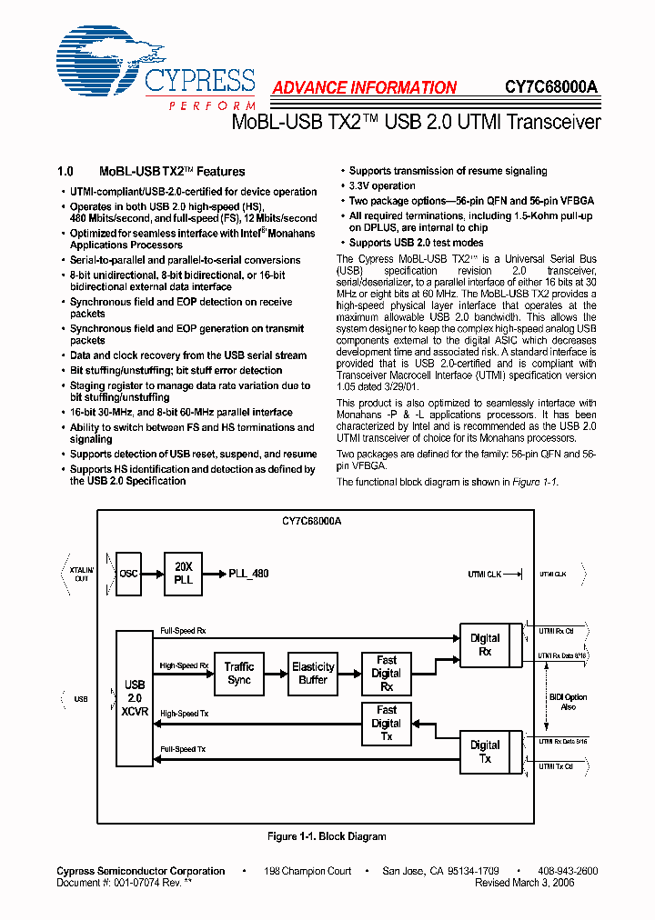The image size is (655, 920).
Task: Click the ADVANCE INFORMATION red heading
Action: pyautogui.click(x=364, y=88)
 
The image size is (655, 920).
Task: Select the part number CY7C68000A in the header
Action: pyautogui.click(x=551, y=88)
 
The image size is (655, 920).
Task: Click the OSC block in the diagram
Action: pyautogui.click(x=128, y=574)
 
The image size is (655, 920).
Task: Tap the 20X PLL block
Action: pyautogui.click(x=183, y=574)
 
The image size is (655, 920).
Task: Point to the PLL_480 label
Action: pyautogui.click(x=248, y=574)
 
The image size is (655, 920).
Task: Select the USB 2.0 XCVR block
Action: pyautogui.click(x=134, y=697)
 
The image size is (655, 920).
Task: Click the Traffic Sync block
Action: pyautogui.click(x=239, y=673)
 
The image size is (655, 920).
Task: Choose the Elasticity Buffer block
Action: pyautogui.click(x=313, y=673)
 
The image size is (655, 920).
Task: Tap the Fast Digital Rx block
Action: pyautogui.click(x=387, y=674)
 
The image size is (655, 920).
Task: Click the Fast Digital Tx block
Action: pyautogui.click(x=387, y=723)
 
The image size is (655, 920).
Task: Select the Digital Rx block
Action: pyautogui.click(x=485, y=645)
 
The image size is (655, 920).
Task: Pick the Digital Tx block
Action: pyautogui.click(x=485, y=751)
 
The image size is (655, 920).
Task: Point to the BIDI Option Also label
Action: pyautogui.click(x=569, y=702)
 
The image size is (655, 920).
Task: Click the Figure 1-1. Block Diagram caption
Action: pyautogui.click(x=327, y=836)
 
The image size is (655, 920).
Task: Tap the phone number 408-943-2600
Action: pyautogui.click(x=567, y=871)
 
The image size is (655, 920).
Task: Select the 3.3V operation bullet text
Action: pyautogui.click(x=382, y=185)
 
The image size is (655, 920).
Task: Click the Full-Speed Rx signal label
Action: pyautogui.click(x=183, y=630)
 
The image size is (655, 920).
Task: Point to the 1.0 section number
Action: pyautogui.click(x=65, y=171)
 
